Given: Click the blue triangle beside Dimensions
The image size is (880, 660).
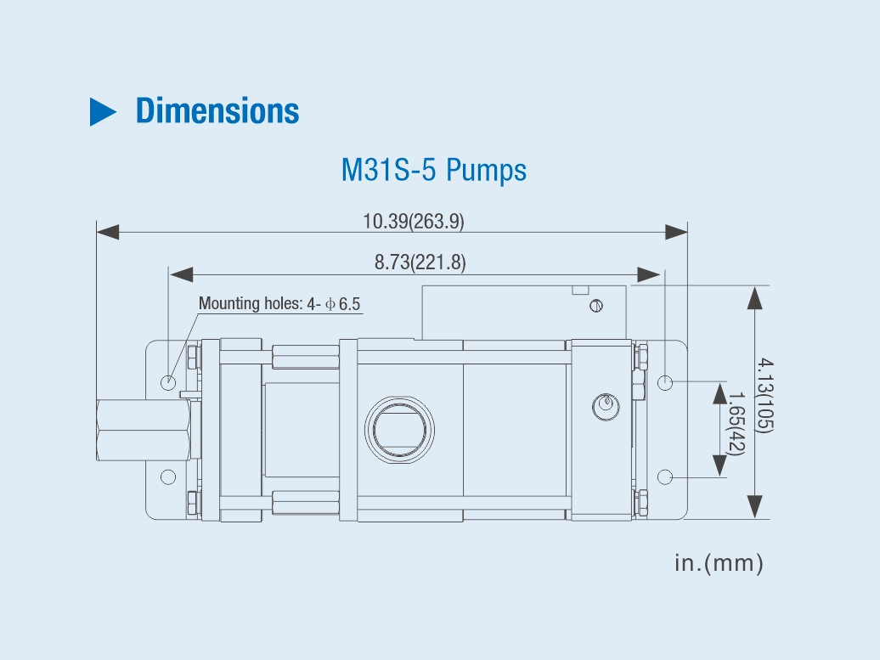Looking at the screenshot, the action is click(x=102, y=111).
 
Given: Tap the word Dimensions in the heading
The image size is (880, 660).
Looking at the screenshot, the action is click(x=217, y=110).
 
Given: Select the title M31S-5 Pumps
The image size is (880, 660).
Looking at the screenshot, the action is click(x=434, y=170).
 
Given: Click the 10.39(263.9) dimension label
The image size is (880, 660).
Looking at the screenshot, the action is click(x=414, y=221).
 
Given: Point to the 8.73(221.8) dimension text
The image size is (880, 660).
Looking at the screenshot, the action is click(x=420, y=262).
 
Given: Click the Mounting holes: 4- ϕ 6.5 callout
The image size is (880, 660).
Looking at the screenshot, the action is click(x=279, y=303).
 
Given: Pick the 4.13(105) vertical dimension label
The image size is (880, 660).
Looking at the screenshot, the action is click(x=764, y=396).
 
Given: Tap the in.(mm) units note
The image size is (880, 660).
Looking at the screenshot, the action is click(x=719, y=563).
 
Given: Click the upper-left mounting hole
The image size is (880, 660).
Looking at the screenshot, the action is click(x=168, y=383).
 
